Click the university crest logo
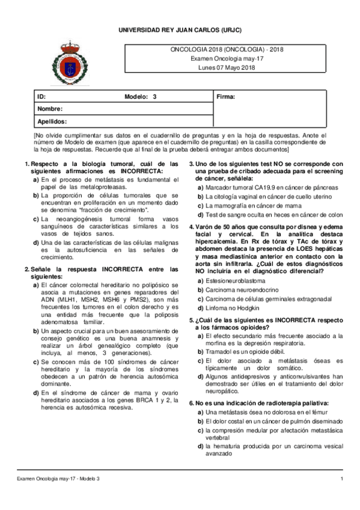point(66,64)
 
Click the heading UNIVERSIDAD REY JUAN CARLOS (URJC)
point(180,29)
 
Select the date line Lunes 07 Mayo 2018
point(227,67)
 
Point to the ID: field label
point(41,96)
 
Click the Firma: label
point(225,96)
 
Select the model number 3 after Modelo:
point(154,96)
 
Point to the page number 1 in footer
point(341,478)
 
